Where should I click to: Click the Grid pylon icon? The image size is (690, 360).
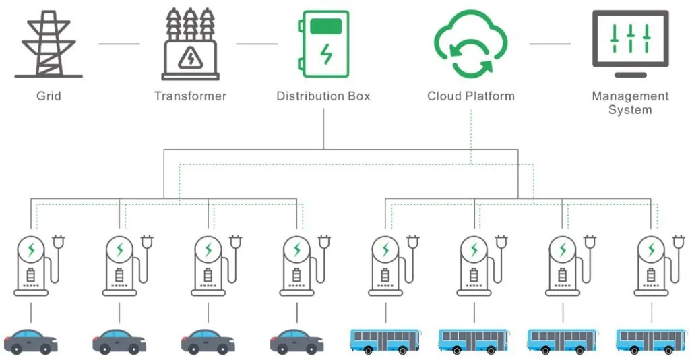[x=49, y=44]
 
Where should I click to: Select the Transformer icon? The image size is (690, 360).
[x=191, y=46]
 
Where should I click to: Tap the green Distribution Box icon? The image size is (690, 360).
[x=323, y=44]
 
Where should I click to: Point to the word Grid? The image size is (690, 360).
[x=49, y=96]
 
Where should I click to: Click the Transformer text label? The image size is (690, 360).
[x=191, y=96]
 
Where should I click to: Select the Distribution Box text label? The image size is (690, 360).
[x=323, y=96]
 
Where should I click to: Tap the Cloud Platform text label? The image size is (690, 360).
[x=471, y=96]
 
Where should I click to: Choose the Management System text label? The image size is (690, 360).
[x=630, y=102]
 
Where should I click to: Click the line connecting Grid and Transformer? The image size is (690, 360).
[x=119, y=44]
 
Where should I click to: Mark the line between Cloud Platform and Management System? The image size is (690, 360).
[x=550, y=44]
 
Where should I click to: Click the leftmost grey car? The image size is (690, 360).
[x=31, y=341]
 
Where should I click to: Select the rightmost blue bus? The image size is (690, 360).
[x=652, y=340]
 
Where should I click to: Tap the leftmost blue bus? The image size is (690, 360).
[x=386, y=340]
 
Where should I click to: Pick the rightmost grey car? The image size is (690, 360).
[x=296, y=341]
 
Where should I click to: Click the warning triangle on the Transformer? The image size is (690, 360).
[x=190, y=59]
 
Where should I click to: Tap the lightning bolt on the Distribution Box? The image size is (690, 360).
[x=326, y=54]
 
